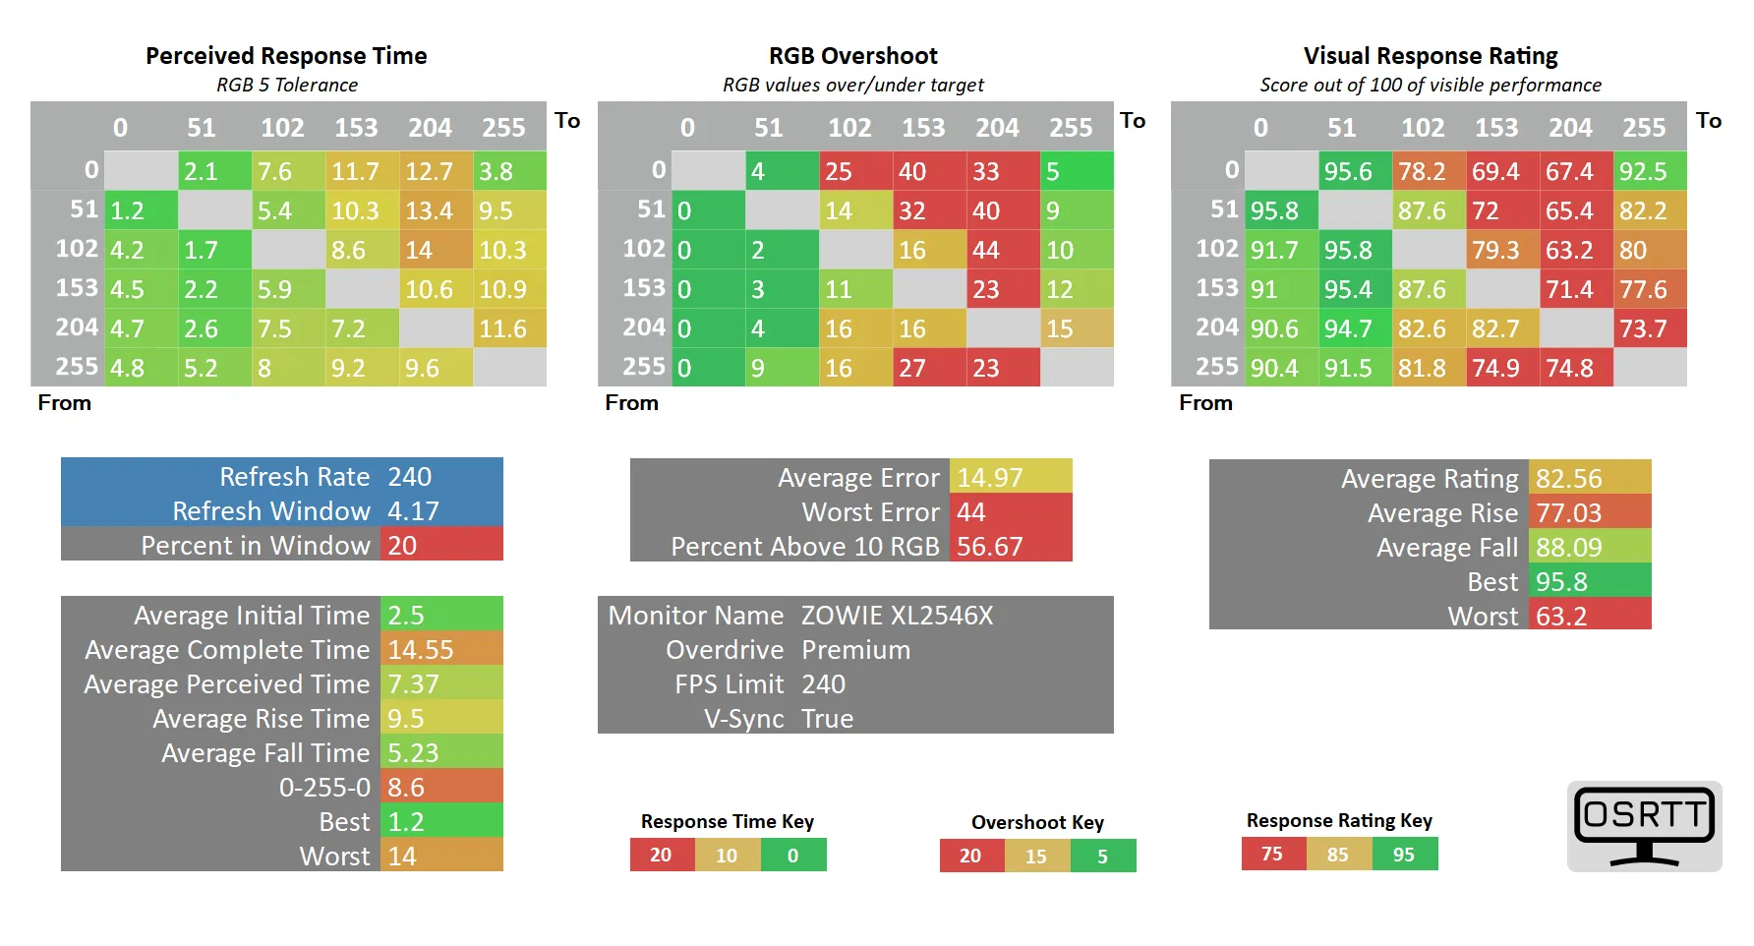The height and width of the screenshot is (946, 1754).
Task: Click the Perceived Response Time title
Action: click(x=286, y=56)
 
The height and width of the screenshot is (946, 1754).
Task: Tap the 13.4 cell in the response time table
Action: click(x=430, y=210)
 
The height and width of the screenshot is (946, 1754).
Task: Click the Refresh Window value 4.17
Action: click(x=413, y=511)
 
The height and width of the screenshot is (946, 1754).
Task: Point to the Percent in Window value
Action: click(x=402, y=546)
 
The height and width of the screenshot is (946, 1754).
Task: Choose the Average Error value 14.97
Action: click(x=990, y=478)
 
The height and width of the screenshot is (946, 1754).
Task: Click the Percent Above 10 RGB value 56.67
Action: click(x=990, y=547)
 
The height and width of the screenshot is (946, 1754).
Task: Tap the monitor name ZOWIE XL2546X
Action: click(x=897, y=616)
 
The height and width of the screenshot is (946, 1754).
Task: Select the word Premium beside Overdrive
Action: click(x=855, y=650)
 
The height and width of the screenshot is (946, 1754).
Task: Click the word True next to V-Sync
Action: click(x=827, y=719)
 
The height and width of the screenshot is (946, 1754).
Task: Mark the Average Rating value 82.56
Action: click(x=1569, y=479)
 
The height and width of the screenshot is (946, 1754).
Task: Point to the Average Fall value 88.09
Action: click(x=1569, y=548)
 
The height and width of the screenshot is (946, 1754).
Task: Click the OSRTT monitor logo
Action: click(x=1644, y=826)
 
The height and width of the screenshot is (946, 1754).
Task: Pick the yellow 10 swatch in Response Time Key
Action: click(x=727, y=856)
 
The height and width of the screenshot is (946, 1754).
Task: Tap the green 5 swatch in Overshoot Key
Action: click(x=1102, y=857)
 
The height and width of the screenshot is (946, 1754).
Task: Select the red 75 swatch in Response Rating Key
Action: click(x=1272, y=855)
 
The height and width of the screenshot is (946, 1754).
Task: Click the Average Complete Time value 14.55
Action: click(x=421, y=650)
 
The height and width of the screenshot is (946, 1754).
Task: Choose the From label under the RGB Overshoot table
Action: click(x=631, y=403)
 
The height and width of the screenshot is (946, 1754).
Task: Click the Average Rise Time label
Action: click(x=261, y=719)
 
